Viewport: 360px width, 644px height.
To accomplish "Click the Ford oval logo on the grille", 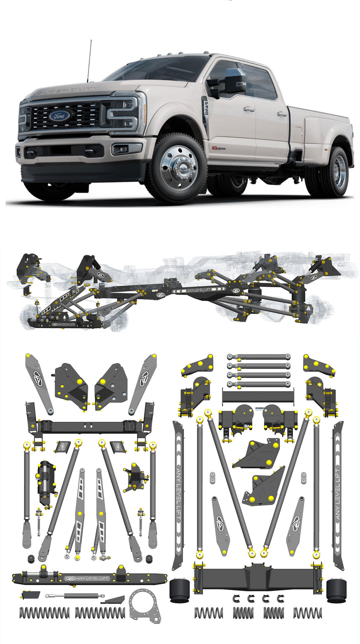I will coord(59,116).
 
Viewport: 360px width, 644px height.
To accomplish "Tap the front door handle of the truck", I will coord(248,109).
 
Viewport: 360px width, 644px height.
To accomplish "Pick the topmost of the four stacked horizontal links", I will coord(258,357).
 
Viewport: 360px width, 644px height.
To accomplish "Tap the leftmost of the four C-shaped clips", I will coord(234,598).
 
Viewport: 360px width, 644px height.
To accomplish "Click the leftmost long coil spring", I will coord(44,612).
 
